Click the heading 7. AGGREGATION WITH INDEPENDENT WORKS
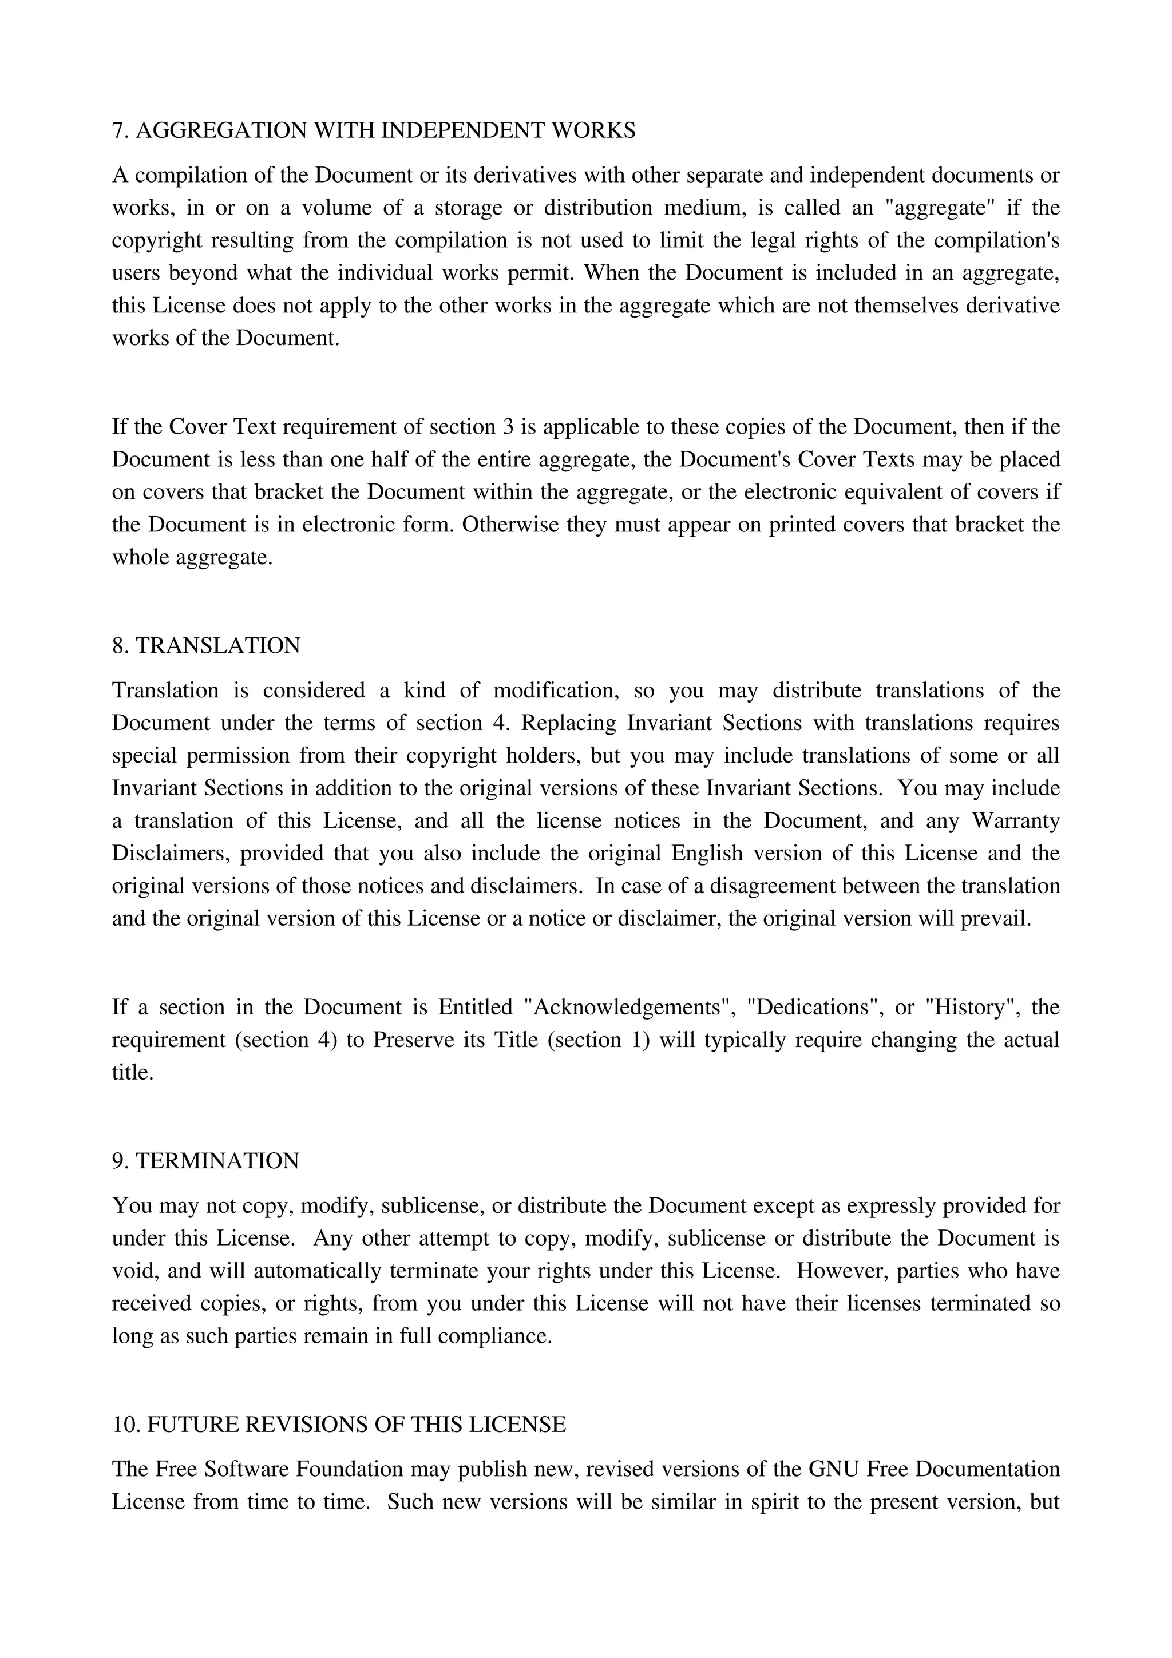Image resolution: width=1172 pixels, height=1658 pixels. coord(373,130)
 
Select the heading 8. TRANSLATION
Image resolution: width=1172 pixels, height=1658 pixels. coord(206,645)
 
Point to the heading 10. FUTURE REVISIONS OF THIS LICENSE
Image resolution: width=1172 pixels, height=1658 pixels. coord(339,1424)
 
